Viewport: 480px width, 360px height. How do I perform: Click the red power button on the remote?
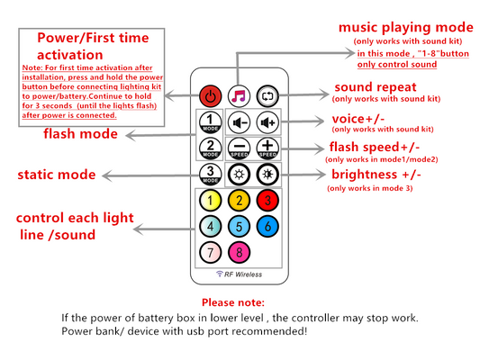(211, 96)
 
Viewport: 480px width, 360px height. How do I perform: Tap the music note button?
(239, 96)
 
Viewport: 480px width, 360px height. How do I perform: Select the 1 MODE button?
(211, 122)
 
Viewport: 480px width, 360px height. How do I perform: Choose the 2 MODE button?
(211, 148)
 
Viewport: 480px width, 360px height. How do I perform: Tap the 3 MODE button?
(211, 175)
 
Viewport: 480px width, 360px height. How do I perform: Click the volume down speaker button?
(239, 122)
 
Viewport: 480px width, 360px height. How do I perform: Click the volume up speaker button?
(267, 122)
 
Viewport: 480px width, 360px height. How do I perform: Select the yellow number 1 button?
(211, 201)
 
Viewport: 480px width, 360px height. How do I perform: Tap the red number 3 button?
(267, 201)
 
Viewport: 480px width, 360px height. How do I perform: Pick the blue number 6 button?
(267, 226)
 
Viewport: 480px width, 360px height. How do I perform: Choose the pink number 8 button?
(239, 252)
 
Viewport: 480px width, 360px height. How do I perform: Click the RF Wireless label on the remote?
(239, 274)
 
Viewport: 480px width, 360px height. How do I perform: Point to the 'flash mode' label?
(80, 134)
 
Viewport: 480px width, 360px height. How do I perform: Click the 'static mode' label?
(57, 175)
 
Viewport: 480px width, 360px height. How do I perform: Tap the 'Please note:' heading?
(233, 302)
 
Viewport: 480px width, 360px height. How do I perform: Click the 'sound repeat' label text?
(376, 87)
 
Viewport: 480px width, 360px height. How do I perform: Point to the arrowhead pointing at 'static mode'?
(106, 175)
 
